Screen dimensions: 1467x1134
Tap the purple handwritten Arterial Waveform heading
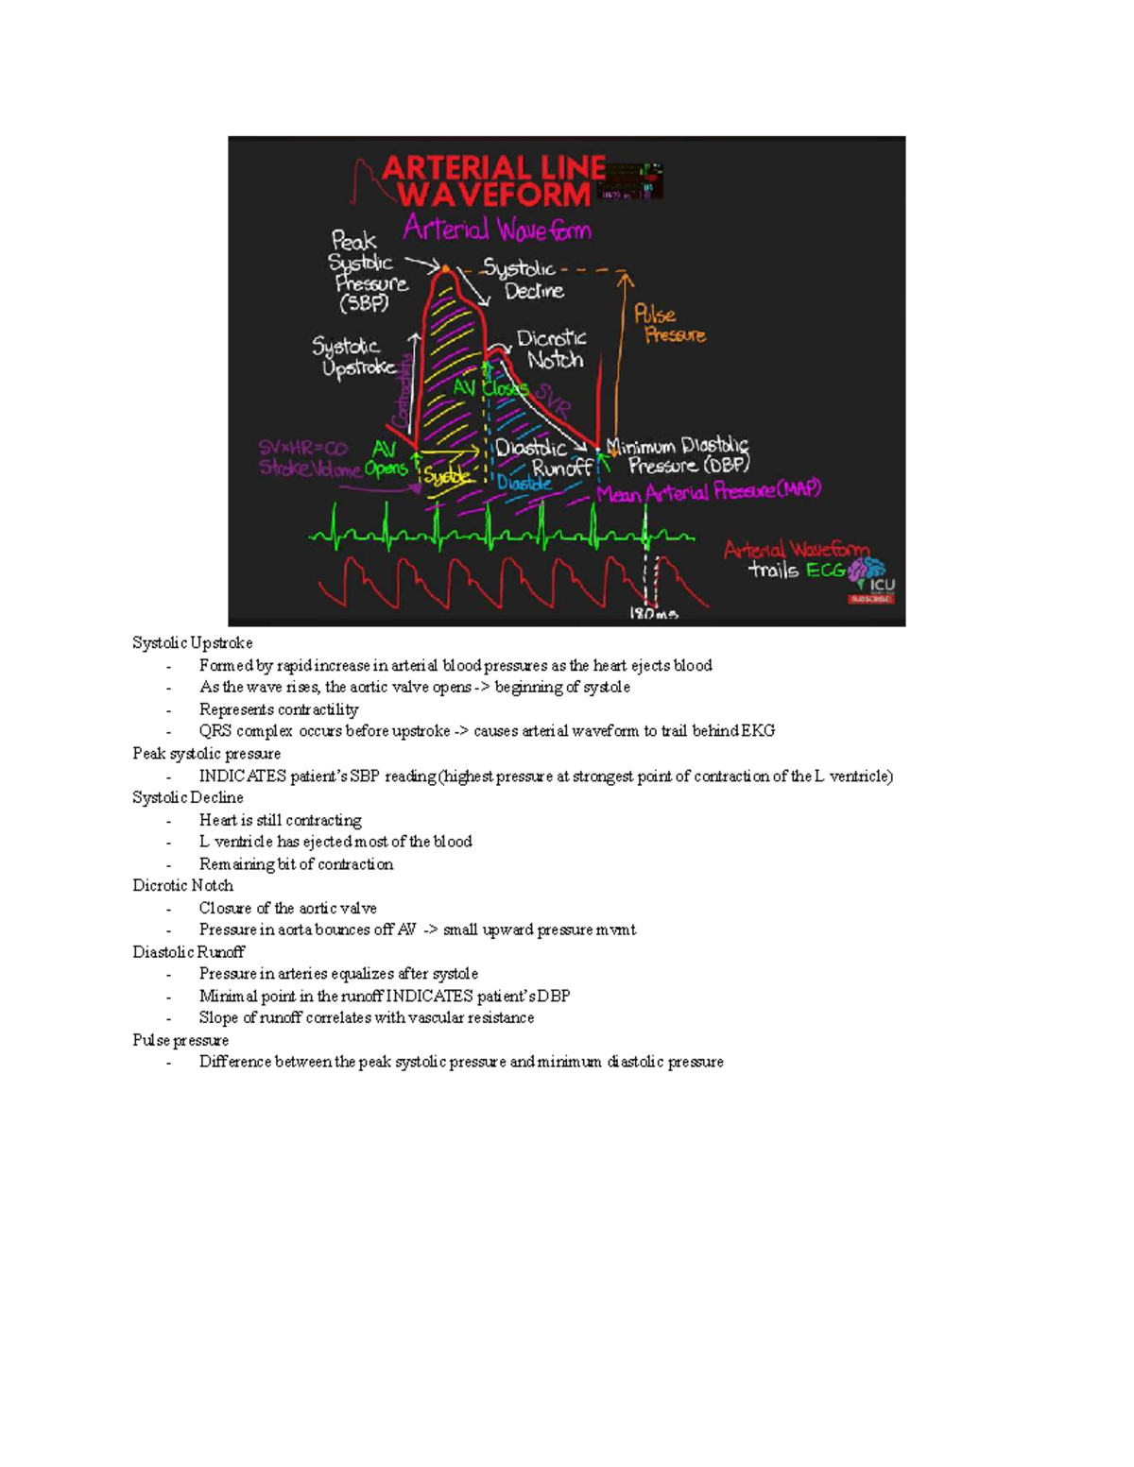[x=497, y=230]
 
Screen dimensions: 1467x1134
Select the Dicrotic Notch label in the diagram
[x=552, y=349]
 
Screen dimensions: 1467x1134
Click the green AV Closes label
[x=490, y=387]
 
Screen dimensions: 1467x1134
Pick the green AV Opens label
[x=386, y=459]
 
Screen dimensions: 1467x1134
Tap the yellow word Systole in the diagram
[x=447, y=477]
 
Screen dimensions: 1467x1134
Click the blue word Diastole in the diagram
[x=524, y=483]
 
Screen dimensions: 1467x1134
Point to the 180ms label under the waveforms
[x=654, y=614]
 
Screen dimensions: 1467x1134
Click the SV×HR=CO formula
[x=303, y=448]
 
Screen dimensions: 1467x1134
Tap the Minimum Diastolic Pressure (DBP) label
[x=679, y=455]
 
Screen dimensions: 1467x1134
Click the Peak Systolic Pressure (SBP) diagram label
[x=368, y=272]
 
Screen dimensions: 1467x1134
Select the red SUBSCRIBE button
[x=870, y=599]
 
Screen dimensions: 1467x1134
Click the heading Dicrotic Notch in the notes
[x=182, y=886]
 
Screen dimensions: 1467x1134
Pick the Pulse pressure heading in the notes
[x=180, y=1040]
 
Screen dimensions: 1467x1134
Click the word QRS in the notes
[x=215, y=731]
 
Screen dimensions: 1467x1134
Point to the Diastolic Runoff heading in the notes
[x=188, y=952]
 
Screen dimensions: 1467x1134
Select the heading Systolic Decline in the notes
[x=188, y=798]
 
